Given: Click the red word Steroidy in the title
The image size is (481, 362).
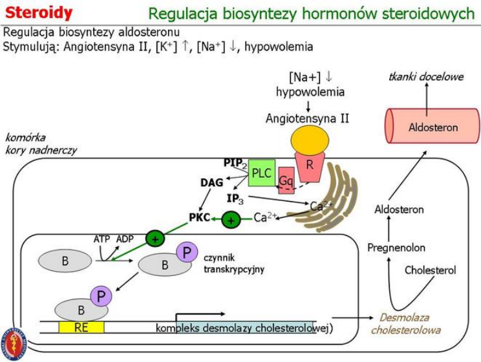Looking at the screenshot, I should (39, 12).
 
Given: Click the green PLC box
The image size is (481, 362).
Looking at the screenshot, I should (262, 173).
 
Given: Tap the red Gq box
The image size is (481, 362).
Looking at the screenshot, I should (286, 182).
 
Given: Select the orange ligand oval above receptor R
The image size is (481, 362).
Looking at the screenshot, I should (309, 139).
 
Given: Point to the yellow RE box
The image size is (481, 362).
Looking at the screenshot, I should (81, 327).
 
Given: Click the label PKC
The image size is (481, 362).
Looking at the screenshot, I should (200, 218).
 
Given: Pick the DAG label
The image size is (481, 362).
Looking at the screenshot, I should (211, 183).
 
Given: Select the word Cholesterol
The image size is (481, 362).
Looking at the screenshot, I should (430, 270).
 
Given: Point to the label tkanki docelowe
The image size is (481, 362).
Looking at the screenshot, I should (426, 77).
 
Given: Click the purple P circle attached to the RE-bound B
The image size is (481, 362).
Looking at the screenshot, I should (101, 297).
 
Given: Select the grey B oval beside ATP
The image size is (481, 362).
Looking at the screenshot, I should (65, 261).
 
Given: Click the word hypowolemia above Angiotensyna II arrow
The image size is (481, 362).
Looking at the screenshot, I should (310, 92).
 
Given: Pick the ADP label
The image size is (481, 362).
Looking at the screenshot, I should (125, 239).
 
